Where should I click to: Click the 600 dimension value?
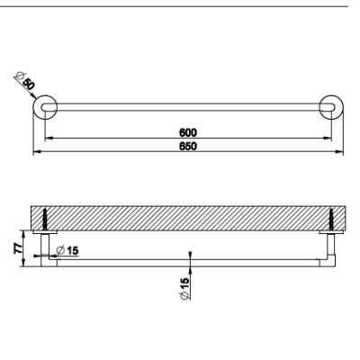point(188,132)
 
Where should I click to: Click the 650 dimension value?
point(188,146)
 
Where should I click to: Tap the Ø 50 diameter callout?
point(25,81)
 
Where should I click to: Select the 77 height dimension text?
point(18,247)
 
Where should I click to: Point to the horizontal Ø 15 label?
point(67,250)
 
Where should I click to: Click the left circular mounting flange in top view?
point(45,107)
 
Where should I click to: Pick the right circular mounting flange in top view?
point(331,107)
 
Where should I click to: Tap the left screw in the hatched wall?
point(45,220)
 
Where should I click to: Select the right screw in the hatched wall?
point(331,220)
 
